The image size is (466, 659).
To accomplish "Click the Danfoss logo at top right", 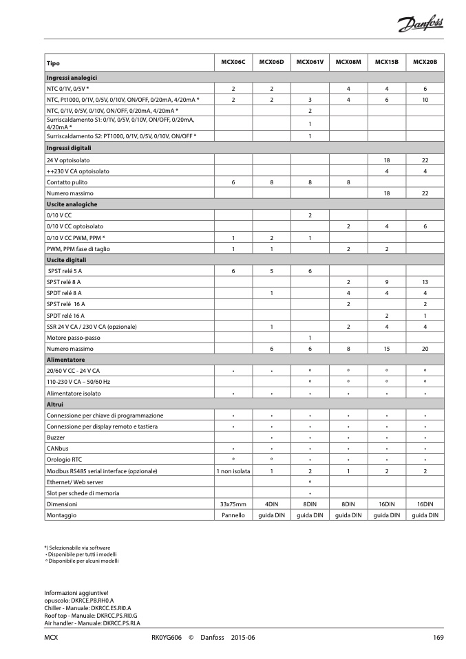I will pyautogui.click(x=420, y=25).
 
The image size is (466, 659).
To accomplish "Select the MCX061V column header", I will pyautogui.click(x=310, y=63).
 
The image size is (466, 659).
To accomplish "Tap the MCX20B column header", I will pyautogui.click(x=425, y=63).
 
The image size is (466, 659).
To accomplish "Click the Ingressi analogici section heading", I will pyautogui.click(x=72, y=78).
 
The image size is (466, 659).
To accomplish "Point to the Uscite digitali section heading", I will pyautogui.click(x=67, y=260).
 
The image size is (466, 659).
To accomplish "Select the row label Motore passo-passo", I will pyautogui.click(x=73, y=338).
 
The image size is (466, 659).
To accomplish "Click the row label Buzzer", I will pyautogui.click(x=56, y=437).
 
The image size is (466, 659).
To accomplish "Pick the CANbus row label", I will pyautogui.click(x=57, y=449).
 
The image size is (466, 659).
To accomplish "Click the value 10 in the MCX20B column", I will pyautogui.click(x=425, y=100).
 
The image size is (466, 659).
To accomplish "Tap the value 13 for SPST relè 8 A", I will pyautogui.click(x=425, y=282).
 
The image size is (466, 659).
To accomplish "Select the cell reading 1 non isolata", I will pyautogui.click(x=233, y=471).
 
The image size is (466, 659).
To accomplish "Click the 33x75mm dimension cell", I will pyautogui.click(x=233, y=504).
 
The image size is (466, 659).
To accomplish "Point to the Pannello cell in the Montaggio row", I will pyautogui.click(x=233, y=515).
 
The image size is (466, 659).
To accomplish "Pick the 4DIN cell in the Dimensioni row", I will pyautogui.click(x=271, y=504).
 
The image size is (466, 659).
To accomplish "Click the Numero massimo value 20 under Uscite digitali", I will pyautogui.click(x=425, y=349).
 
